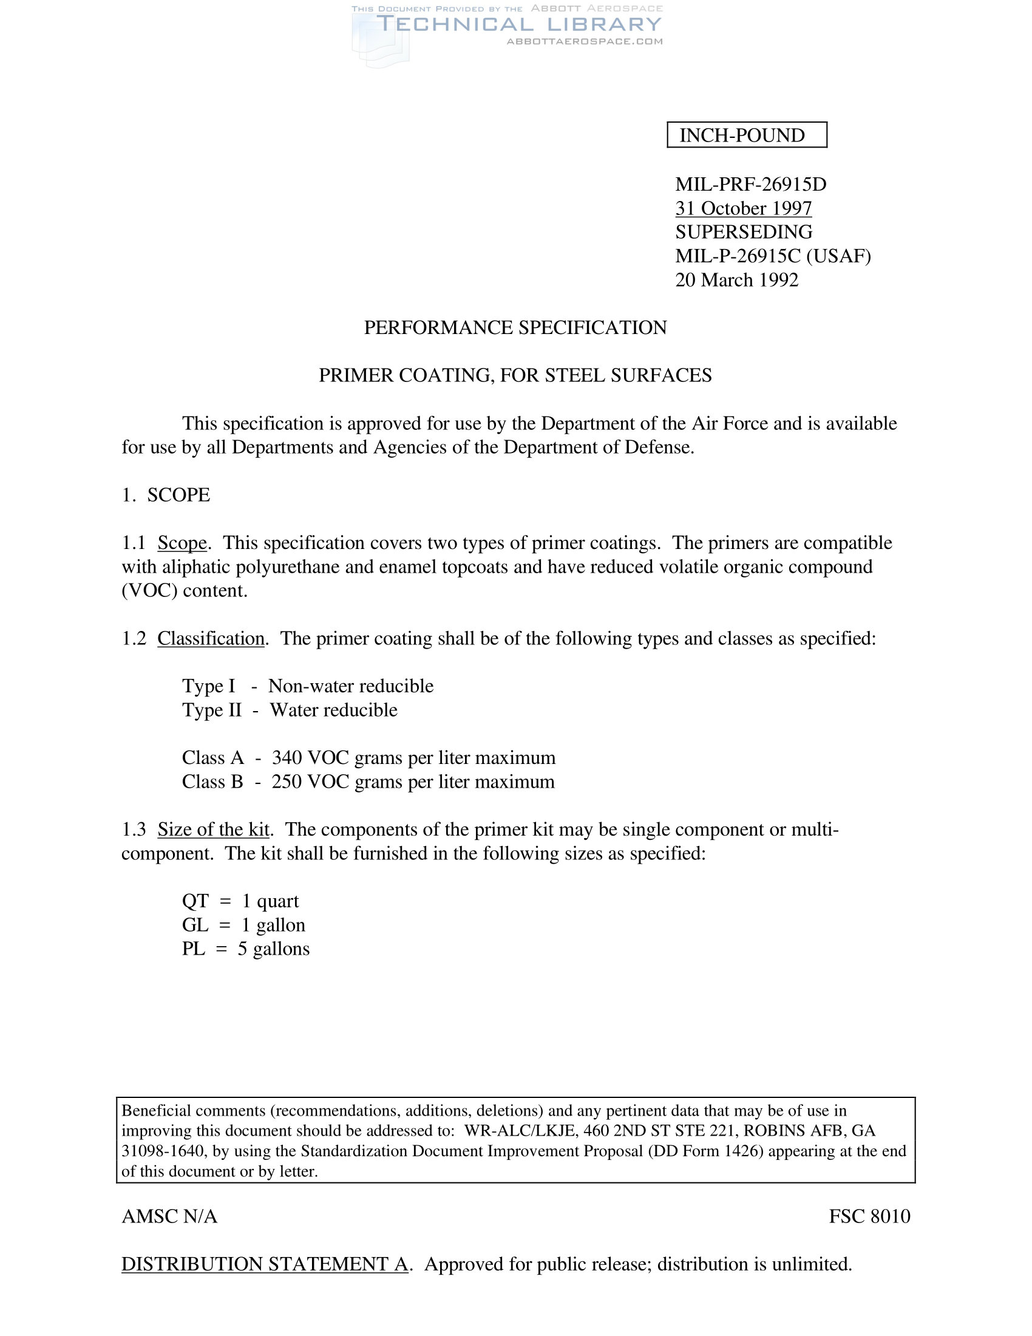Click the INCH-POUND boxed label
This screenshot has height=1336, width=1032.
pos(746,135)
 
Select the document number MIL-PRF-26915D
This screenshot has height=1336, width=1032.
pos(750,184)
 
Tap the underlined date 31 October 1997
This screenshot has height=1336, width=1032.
pos(743,208)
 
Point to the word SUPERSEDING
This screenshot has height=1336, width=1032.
pos(744,232)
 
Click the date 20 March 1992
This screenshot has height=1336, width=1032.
pos(736,279)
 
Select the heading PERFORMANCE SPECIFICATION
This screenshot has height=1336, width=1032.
pos(515,327)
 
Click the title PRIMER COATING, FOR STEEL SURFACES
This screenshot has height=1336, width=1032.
pos(515,375)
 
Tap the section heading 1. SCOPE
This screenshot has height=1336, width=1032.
pos(166,494)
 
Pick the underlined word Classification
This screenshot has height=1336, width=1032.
pos(211,638)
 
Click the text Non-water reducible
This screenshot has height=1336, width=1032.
pos(350,686)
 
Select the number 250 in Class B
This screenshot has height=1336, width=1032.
pos(286,782)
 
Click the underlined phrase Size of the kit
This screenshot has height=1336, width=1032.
pos(213,829)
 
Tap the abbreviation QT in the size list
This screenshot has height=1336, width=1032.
pos(195,901)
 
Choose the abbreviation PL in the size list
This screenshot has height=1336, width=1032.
pos(193,949)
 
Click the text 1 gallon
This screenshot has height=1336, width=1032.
pos(273,925)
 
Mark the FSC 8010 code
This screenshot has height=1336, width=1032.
pos(869,1216)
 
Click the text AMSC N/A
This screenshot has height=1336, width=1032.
pos(169,1217)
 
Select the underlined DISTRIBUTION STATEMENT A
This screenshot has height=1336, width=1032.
pos(265,1264)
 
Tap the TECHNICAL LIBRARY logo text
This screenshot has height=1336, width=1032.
pos(518,24)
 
